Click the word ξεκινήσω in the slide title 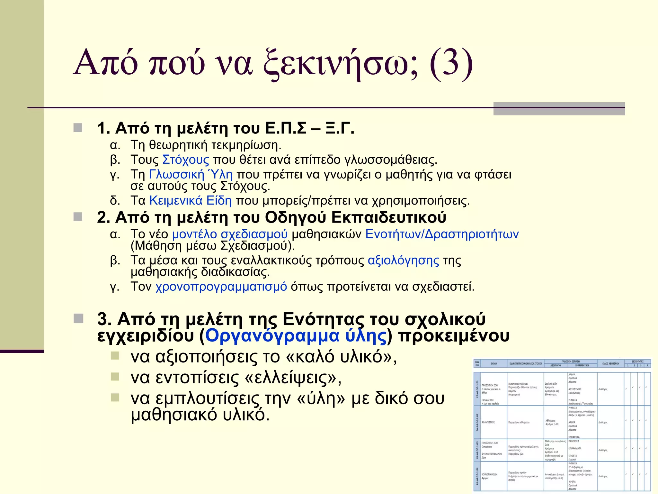[x=341, y=63]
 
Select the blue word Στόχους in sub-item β [x=186, y=160]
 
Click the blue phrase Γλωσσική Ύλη [x=191, y=174]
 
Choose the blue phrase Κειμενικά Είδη [x=191, y=201]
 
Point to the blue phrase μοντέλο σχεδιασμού [x=230, y=234]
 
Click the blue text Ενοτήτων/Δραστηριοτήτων [x=442, y=234]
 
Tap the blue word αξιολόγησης [x=403, y=260]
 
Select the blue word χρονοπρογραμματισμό [x=221, y=286]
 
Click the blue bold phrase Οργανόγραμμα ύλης [x=296, y=336]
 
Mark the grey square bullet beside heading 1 [x=78, y=128]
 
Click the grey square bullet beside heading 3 [x=78, y=319]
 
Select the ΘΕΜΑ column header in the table [x=494, y=364]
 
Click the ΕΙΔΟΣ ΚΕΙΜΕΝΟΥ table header [x=610, y=364]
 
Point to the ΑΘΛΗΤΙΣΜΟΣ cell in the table [x=488, y=422]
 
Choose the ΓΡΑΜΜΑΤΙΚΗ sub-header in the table [x=582, y=366]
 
